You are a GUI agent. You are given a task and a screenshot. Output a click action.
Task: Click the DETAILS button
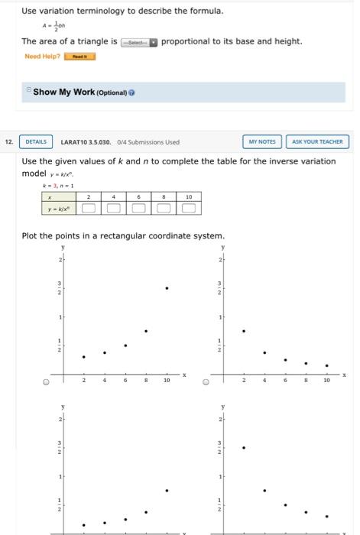coord(36,141)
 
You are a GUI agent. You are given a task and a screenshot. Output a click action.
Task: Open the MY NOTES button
coord(262,141)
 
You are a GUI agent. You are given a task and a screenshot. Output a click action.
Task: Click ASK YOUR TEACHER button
coord(319,141)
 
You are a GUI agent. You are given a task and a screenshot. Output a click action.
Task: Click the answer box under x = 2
coord(89,207)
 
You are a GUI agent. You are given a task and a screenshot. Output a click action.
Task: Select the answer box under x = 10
coord(188,207)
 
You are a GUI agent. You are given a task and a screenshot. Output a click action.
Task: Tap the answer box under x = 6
coord(138,207)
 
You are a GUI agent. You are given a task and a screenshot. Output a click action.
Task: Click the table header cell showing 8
coord(164,196)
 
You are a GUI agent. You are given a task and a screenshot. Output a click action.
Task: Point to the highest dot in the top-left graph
coord(167,288)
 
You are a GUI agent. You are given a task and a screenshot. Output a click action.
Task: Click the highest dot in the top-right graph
coord(244,331)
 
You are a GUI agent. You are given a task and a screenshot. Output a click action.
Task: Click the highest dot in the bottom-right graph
coord(244,447)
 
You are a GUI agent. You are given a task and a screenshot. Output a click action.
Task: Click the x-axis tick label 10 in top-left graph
coord(167,381)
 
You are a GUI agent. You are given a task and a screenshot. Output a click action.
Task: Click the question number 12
coord(8,141)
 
